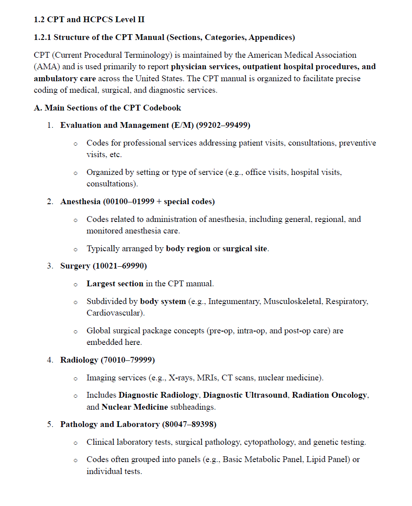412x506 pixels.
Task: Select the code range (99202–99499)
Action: (x=223, y=125)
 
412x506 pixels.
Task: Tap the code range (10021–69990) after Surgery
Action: (x=119, y=266)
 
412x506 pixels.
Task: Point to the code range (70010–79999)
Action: (x=128, y=360)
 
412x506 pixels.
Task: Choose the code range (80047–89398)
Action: (x=190, y=424)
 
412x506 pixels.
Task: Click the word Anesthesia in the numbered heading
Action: (x=80, y=202)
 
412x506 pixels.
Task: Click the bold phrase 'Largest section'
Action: (x=115, y=283)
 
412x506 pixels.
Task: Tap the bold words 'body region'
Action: (x=188, y=249)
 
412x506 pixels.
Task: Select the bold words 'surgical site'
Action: (x=245, y=249)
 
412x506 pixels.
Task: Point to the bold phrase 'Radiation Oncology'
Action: (x=330, y=395)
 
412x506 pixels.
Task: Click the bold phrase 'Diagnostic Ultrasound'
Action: (x=246, y=395)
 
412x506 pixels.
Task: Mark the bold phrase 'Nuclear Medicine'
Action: (x=135, y=407)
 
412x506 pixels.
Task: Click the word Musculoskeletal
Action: (x=293, y=301)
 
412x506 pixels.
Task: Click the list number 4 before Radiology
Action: (x=50, y=360)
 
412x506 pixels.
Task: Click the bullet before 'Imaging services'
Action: (x=75, y=379)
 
